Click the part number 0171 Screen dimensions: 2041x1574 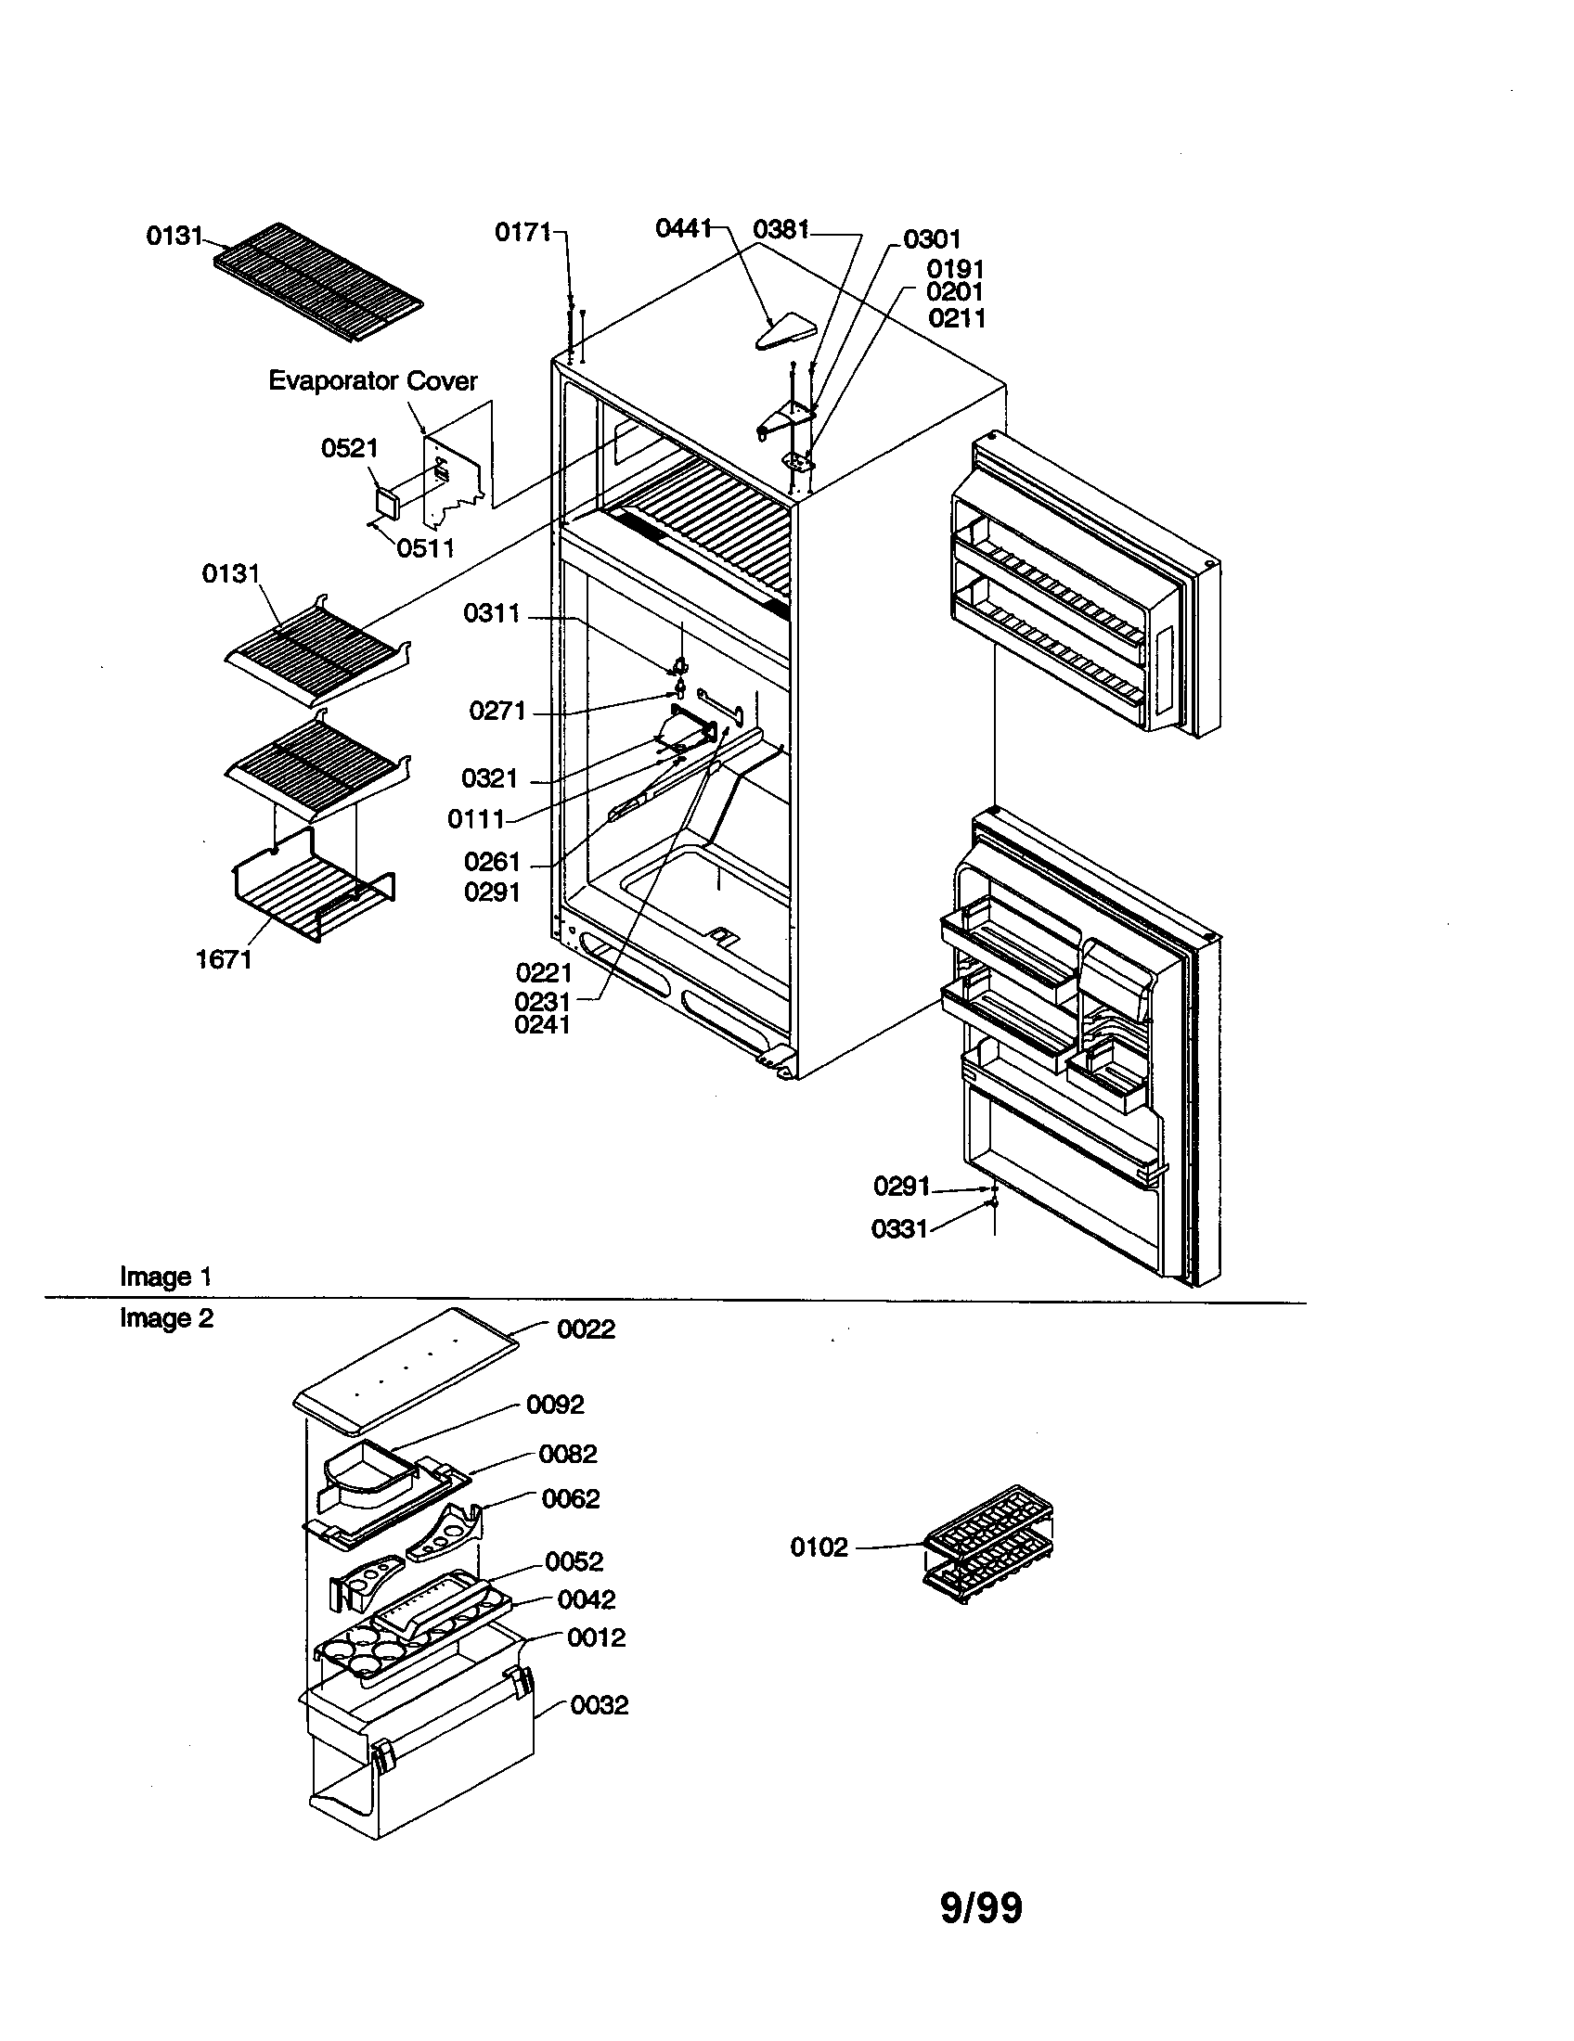coord(523,232)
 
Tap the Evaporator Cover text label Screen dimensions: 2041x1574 coord(373,380)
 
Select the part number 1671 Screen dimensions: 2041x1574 coord(224,960)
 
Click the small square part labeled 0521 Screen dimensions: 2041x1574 coord(386,502)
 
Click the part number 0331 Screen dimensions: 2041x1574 coord(898,1229)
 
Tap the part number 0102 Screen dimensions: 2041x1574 coord(819,1547)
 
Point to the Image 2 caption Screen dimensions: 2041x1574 coord(166,1318)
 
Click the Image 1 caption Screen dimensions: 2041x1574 coord(165,1277)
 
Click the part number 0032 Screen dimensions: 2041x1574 coord(600,1705)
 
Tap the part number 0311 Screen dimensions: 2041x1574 coord(491,614)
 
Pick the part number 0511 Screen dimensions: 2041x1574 coord(425,548)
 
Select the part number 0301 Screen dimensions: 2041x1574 coord(932,239)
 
